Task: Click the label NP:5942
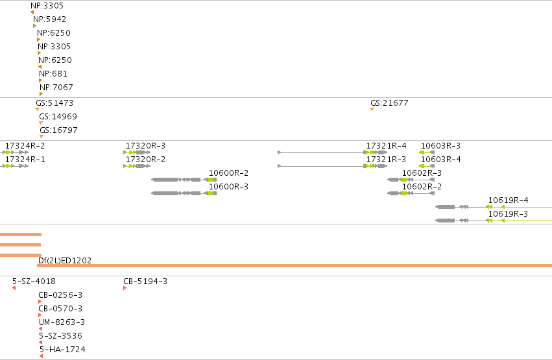point(50,19)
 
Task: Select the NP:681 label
point(53,73)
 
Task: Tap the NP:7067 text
point(56,88)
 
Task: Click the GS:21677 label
point(389,103)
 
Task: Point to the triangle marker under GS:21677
point(372,110)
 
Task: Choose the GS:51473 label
point(54,103)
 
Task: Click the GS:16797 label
point(58,130)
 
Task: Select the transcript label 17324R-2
point(25,146)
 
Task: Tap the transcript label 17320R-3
point(145,146)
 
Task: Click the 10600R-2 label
point(228,173)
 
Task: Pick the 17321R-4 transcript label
point(386,146)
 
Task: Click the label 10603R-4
point(440,160)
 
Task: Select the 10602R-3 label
point(422,173)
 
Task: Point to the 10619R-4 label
point(509,200)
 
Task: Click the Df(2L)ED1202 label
point(65,260)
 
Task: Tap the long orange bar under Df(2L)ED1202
point(294,266)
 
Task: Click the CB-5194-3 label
point(145,281)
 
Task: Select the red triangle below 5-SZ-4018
point(14,288)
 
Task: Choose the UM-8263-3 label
point(62,322)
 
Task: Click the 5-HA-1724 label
point(62,350)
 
